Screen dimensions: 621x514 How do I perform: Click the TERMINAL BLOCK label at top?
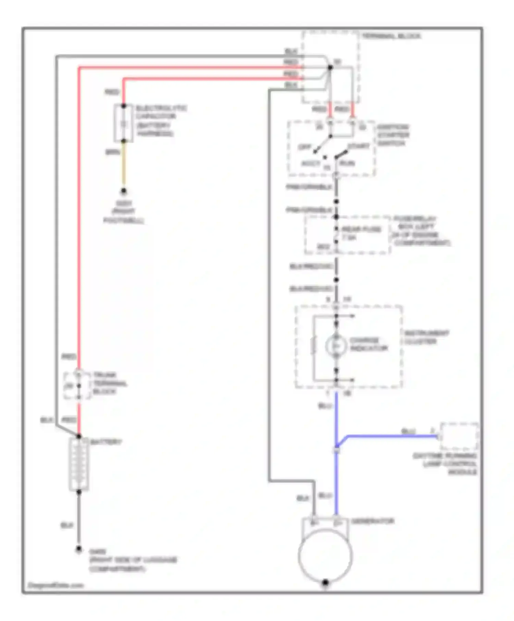pos(391,36)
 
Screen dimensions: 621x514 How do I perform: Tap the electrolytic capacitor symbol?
pos(124,123)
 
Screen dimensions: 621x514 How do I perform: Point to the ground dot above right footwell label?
pos(124,191)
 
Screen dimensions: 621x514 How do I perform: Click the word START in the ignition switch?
pos(358,146)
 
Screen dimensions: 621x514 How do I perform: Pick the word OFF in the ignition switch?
pos(304,147)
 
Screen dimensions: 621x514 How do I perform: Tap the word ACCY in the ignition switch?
pos(310,163)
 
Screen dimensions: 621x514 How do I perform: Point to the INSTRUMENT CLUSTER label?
pos(426,337)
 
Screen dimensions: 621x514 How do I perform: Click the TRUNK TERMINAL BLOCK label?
pos(109,383)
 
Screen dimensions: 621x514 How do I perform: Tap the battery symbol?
pos(79,464)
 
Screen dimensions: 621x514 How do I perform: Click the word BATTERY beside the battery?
pos(106,442)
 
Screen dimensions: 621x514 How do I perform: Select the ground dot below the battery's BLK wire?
pos(79,549)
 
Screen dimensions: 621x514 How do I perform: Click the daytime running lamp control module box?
pos(459,436)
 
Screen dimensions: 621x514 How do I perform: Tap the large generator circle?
pos(325,555)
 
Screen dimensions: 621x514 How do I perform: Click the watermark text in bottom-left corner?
pos(56,585)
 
